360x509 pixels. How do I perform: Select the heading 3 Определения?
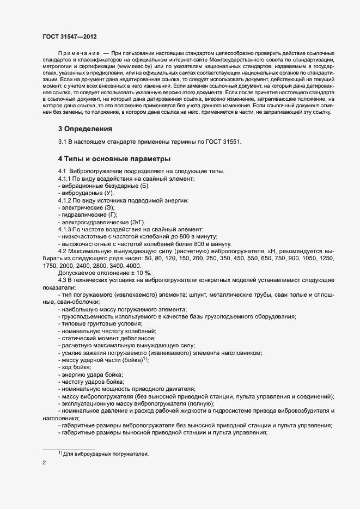point(85,129)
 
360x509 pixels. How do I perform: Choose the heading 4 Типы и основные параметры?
point(114,159)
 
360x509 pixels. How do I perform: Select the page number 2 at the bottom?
point(44,463)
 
